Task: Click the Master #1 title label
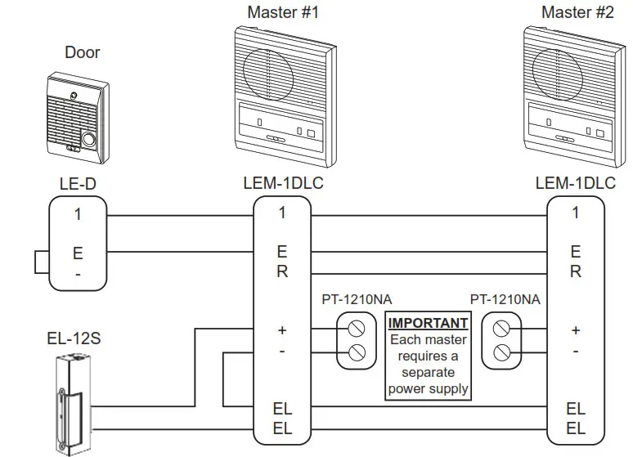pyautogui.click(x=282, y=12)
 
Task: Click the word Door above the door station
pyautogui.click(x=82, y=52)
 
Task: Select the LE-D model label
pyautogui.click(x=78, y=185)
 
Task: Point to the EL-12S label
pyautogui.click(x=74, y=338)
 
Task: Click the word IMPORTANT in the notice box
pyautogui.click(x=428, y=323)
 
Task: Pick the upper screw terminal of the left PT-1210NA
pyautogui.click(x=356, y=330)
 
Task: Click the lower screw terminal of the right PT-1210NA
pyautogui.click(x=502, y=353)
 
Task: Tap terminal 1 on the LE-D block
pyautogui.click(x=78, y=215)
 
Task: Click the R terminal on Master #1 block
pyautogui.click(x=282, y=272)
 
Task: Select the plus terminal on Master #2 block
pyautogui.click(x=575, y=330)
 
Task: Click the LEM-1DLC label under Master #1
pyautogui.click(x=282, y=184)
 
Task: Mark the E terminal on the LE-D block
pyautogui.click(x=78, y=253)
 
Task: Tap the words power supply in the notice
pyautogui.click(x=428, y=388)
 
